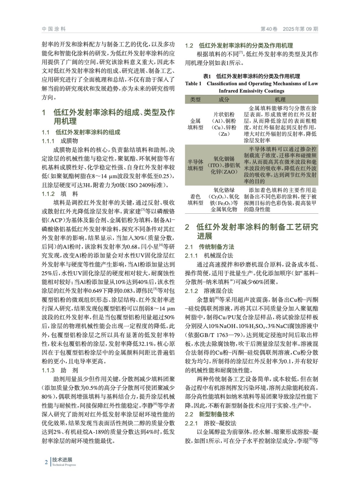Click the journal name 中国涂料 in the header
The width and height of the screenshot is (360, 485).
(x=54, y=29)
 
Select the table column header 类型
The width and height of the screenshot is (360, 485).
(x=195, y=99)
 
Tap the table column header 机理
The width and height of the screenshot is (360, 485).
(x=280, y=99)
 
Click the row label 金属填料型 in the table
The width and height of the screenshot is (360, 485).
(x=195, y=124)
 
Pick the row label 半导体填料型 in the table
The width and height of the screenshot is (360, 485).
(x=195, y=165)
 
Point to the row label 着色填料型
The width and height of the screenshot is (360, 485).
(x=195, y=199)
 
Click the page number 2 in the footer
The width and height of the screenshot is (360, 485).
(x=46, y=462)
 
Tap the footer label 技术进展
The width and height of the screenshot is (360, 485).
(x=62, y=460)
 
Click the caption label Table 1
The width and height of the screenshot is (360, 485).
(x=193, y=84)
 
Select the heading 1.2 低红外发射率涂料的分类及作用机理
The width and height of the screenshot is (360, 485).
(x=239, y=46)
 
